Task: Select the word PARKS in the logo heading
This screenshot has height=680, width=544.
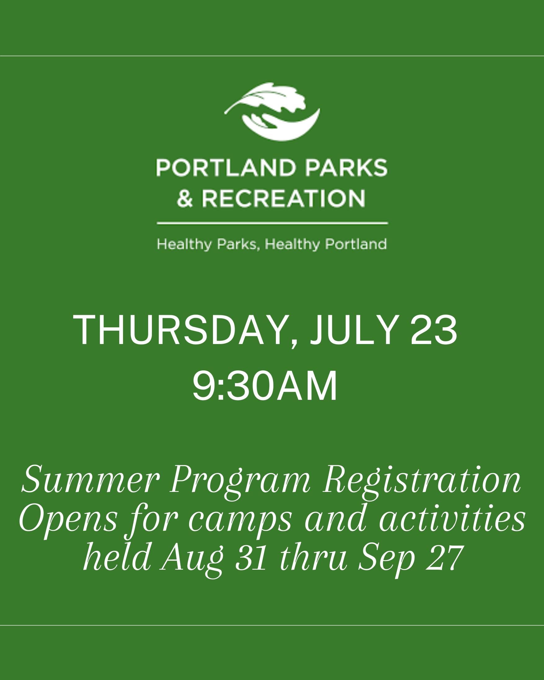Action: click(346, 168)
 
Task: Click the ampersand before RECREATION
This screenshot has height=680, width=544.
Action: click(184, 199)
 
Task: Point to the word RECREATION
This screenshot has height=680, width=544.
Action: click(283, 199)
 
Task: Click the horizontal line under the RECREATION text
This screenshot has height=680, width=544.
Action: click(272, 223)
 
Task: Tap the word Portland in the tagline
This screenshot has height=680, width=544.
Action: click(356, 245)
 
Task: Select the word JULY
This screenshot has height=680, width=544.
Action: click(355, 330)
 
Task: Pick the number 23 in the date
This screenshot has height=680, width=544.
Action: click(433, 330)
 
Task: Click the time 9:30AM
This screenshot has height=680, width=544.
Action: click(265, 386)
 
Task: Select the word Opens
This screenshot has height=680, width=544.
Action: click(68, 521)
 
